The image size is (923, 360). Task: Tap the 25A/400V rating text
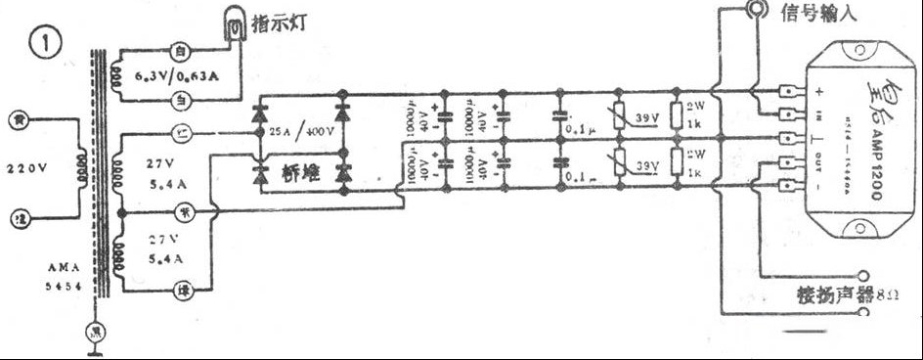(x=303, y=131)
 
